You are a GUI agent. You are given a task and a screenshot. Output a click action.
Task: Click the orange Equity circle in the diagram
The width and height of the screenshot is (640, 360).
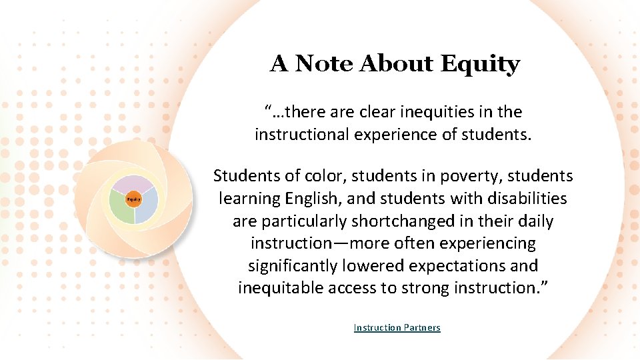pyautogui.click(x=133, y=199)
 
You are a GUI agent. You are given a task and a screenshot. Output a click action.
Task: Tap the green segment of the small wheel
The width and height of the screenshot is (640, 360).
pyautogui.click(x=121, y=209)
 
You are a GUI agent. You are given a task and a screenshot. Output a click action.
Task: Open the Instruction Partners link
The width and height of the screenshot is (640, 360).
pyautogui.click(x=397, y=327)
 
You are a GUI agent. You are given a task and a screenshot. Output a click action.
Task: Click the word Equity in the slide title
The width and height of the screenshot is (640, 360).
pyautogui.click(x=480, y=64)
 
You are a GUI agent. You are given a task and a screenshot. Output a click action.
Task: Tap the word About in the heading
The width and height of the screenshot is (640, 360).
pyautogui.click(x=397, y=64)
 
